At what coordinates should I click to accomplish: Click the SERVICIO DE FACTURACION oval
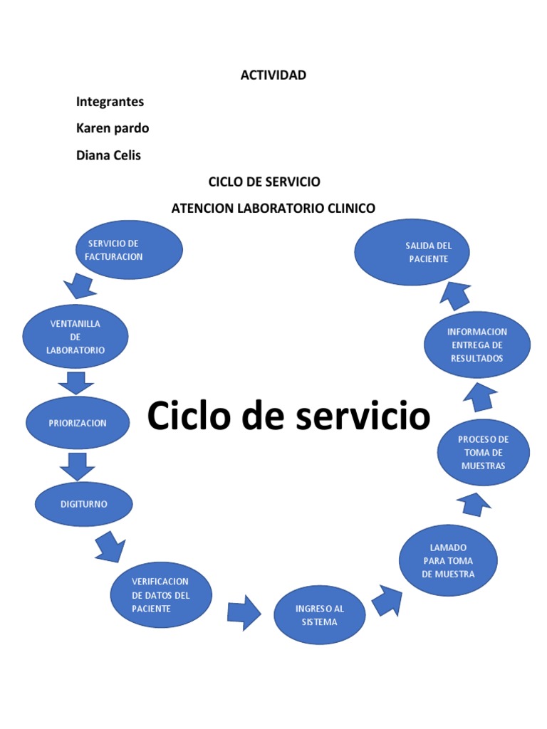(x=130, y=250)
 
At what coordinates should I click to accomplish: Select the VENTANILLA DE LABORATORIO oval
(x=75, y=337)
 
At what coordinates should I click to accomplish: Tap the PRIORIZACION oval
(x=78, y=423)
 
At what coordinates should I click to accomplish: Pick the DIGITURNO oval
(x=84, y=504)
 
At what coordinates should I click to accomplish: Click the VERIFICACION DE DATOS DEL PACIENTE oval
(x=161, y=595)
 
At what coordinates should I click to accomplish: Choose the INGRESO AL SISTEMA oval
(x=320, y=615)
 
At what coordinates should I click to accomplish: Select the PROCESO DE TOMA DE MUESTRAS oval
(x=484, y=453)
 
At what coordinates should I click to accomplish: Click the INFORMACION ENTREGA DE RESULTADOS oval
(x=477, y=345)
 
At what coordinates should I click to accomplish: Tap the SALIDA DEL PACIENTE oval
(x=412, y=252)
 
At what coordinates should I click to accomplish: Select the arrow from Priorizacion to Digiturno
(x=76, y=466)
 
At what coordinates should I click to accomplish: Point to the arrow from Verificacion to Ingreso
(x=244, y=612)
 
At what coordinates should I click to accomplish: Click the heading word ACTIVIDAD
(x=273, y=75)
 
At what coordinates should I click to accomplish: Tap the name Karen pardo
(x=113, y=128)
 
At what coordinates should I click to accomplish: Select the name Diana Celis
(x=108, y=155)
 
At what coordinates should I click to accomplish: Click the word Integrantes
(x=110, y=101)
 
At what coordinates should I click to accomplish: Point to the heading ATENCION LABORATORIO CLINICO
(x=273, y=208)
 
